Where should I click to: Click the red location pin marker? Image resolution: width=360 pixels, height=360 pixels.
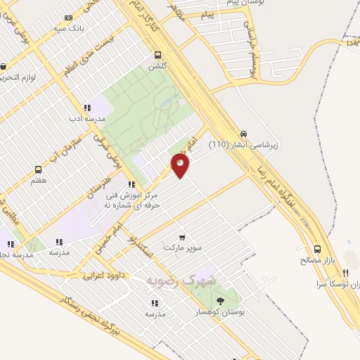point(181,165)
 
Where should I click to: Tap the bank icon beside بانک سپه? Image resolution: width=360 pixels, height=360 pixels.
point(67,18)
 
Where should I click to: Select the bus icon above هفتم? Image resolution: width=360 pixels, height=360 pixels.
point(38,169)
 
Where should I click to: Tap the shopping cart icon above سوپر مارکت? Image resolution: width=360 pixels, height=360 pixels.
point(183,237)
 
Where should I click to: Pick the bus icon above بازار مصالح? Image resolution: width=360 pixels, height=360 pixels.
point(317,249)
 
